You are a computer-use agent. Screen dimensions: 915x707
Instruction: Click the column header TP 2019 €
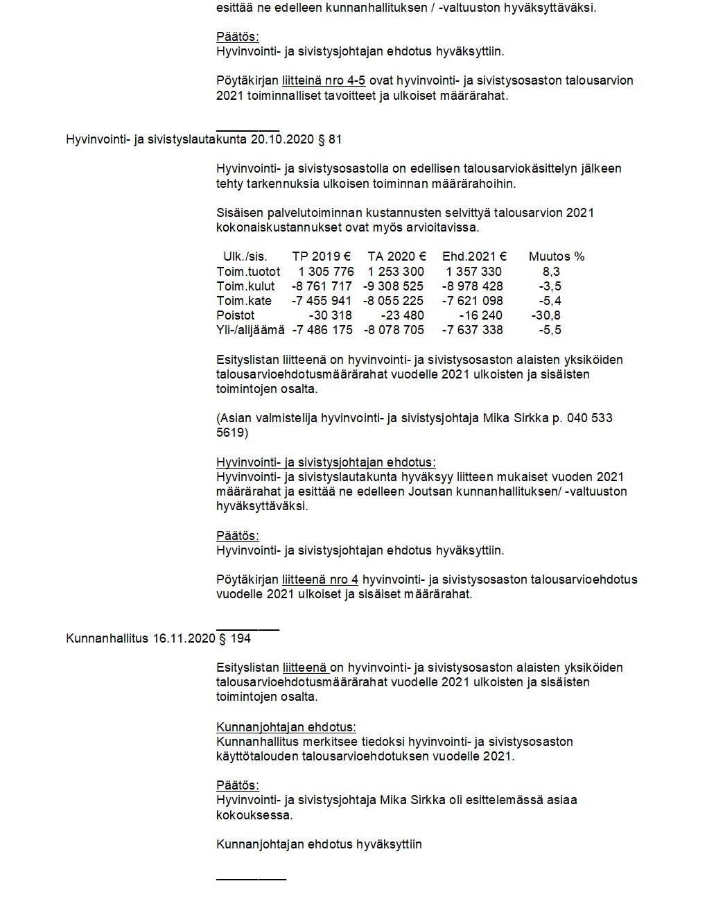pyautogui.click(x=321, y=256)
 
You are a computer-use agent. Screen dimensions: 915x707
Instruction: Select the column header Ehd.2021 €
pyautogui.click(x=474, y=256)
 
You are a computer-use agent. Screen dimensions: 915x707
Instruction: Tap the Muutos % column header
pyautogui.click(x=557, y=256)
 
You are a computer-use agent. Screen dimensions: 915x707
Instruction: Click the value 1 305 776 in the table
pyautogui.click(x=326, y=272)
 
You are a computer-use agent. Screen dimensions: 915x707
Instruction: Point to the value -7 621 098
pyautogui.click(x=473, y=301)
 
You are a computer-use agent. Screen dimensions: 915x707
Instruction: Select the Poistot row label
pyautogui.click(x=236, y=315)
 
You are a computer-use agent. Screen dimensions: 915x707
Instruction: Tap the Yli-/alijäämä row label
pyautogui.click(x=250, y=330)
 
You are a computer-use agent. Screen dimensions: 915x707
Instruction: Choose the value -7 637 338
pyautogui.click(x=473, y=330)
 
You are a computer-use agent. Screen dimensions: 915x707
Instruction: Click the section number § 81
pyautogui.click(x=329, y=139)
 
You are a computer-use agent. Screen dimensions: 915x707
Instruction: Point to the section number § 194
pyautogui.click(x=235, y=638)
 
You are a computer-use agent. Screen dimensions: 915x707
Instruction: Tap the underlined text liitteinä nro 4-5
pyautogui.click(x=324, y=80)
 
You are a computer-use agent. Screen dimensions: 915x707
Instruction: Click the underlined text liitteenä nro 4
pyautogui.click(x=320, y=579)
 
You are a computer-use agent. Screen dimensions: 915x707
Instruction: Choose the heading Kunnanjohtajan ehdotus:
pyautogui.click(x=286, y=727)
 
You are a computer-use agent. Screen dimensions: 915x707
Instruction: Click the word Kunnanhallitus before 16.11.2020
pyautogui.click(x=107, y=638)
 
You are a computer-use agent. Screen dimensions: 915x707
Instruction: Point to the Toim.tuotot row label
pyautogui.click(x=248, y=272)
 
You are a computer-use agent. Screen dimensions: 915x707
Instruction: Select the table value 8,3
pyautogui.click(x=552, y=272)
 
